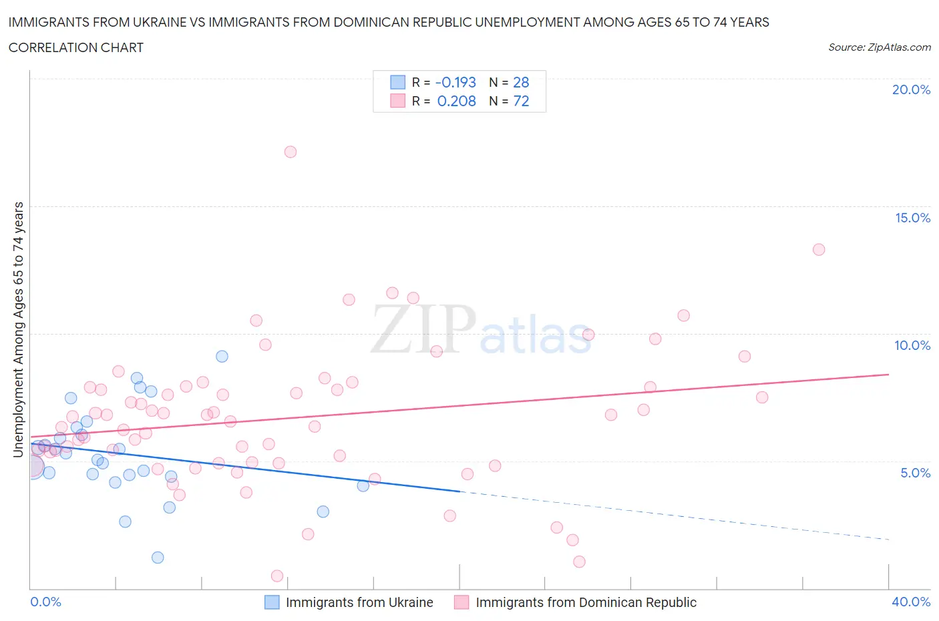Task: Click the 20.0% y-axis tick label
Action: (911, 89)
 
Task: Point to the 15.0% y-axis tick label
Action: (912, 218)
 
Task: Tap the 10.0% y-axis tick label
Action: (912, 345)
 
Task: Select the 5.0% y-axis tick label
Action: (915, 473)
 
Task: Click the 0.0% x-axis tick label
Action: (45, 602)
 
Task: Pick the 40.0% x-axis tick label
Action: (911, 602)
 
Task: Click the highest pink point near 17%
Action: (290, 152)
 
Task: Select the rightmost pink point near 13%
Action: (819, 250)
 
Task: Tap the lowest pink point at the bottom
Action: (277, 576)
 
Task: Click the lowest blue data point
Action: (158, 558)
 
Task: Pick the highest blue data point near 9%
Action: (222, 357)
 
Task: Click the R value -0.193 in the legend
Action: (455, 82)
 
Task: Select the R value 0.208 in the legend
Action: (457, 101)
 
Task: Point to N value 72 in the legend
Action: (521, 101)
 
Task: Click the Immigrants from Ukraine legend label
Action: (359, 602)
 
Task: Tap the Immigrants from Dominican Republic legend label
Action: (586, 602)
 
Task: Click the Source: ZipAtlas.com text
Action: (879, 47)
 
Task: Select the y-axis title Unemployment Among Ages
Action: (18, 329)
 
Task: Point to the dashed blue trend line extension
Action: (675, 515)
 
